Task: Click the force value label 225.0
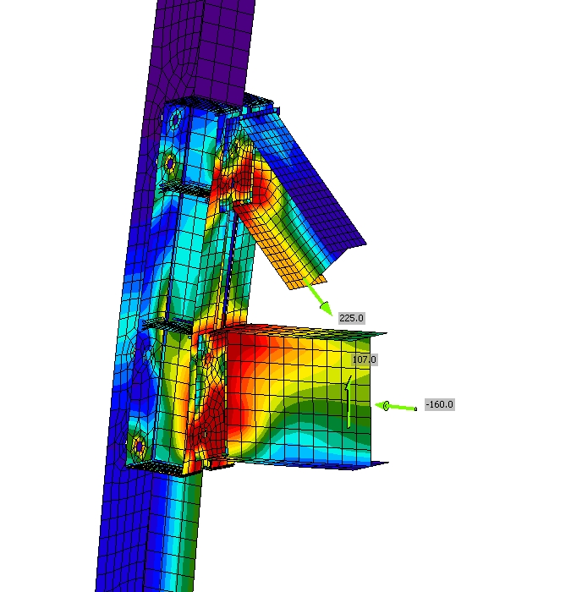tap(352, 318)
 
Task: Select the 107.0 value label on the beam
tap(364, 359)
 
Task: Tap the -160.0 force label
tap(440, 404)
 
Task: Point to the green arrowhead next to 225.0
tap(326, 308)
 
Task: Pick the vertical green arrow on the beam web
tap(349, 402)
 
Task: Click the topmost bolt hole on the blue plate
tap(175, 119)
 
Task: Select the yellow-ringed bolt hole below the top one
tap(170, 163)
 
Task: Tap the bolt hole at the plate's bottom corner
tap(139, 446)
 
